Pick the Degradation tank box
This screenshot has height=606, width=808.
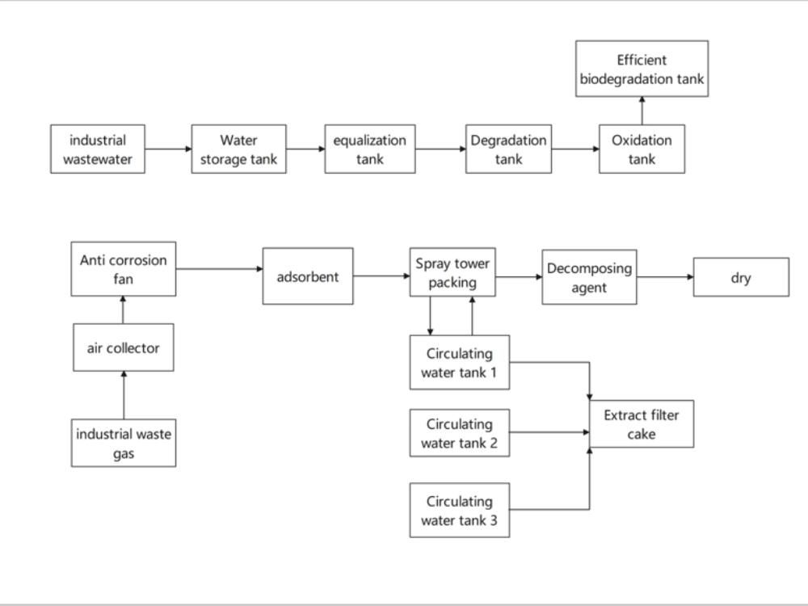pos(508,149)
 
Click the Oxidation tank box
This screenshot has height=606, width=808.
pos(642,149)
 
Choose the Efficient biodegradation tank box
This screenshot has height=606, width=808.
pos(642,69)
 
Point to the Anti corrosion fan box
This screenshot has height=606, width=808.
pos(124,268)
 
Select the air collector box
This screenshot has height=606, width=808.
pos(124,348)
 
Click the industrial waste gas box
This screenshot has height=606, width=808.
pos(124,444)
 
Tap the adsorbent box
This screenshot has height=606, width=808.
pos(308,276)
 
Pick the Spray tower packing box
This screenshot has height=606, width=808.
pos(452,273)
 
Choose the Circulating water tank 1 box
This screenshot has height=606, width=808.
pos(460,362)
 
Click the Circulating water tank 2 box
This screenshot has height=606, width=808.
pos(460,432)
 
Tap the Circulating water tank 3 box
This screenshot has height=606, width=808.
pos(460,509)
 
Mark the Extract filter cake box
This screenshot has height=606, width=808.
pos(642,424)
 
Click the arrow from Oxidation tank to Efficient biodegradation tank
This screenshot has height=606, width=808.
pos(642,110)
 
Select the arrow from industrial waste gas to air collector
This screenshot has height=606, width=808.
pos(124,396)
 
